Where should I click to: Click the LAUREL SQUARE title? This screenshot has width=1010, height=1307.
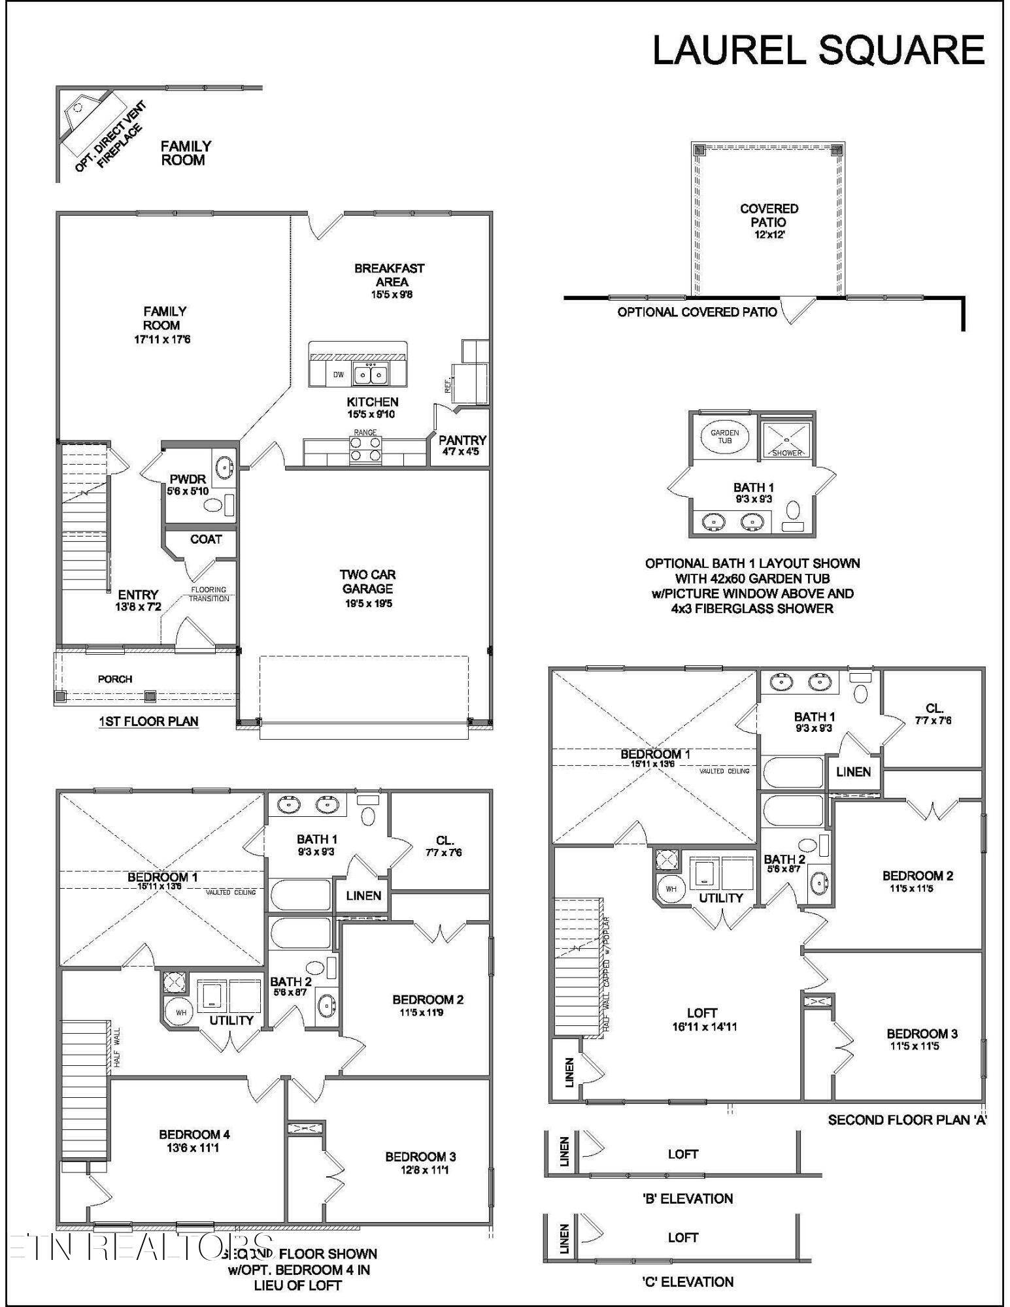818,50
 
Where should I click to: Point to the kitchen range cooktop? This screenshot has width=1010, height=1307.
365,449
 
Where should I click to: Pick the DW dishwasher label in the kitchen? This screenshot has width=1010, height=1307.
338,374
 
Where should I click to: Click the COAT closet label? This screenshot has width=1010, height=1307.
205,539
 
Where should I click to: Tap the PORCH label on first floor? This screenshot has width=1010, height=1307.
115,679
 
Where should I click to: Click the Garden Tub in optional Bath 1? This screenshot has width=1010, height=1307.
724,436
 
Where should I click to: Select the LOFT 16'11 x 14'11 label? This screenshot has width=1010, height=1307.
703,1019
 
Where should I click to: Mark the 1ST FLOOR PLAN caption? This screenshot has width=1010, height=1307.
148,721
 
